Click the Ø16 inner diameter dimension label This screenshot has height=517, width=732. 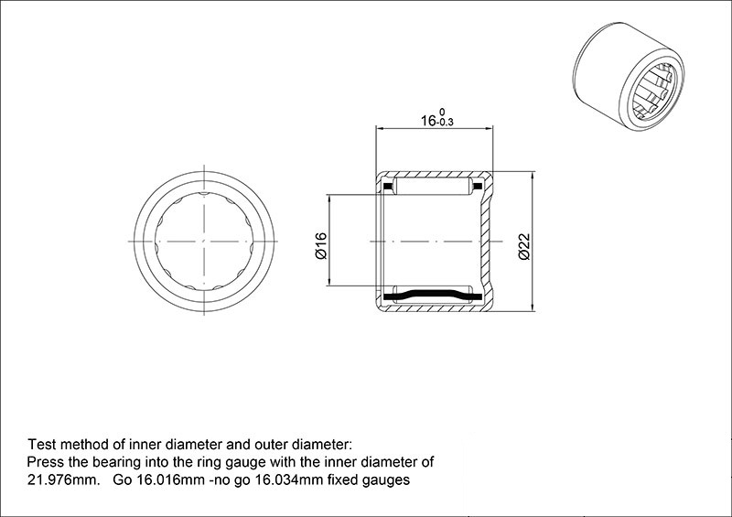tap(321, 246)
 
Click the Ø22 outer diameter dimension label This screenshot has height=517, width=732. tap(524, 246)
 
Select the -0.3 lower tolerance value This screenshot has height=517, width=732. tap(445, 123)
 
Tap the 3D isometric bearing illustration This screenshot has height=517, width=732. tap(628, 76)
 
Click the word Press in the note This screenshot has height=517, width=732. tap(46, 462)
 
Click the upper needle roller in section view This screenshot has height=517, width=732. tap(434, 186)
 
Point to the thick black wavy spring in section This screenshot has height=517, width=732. tap(432, 296)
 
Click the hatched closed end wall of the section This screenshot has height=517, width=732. tap(486, 242)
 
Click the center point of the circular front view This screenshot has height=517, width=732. tap(204, 242)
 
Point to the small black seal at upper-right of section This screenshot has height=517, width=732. tap(478, 187)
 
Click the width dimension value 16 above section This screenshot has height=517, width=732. tap(428, 121)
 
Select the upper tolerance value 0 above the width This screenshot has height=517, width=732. tap(442, 112)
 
